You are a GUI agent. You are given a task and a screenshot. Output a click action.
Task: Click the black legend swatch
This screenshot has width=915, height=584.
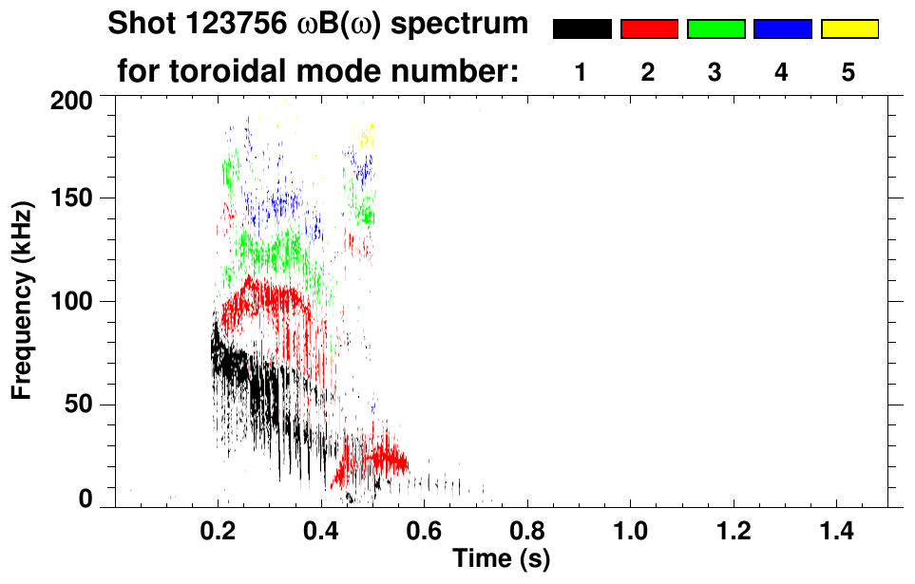[581, 29]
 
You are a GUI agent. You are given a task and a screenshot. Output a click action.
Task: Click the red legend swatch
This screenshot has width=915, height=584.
[649, 29]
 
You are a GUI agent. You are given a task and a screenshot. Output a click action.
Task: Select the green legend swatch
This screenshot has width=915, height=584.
[715, 29]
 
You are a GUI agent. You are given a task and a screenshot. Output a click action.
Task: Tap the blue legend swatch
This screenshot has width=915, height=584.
[782, 29]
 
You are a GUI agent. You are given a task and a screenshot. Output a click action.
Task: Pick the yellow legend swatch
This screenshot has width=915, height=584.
[848, 29]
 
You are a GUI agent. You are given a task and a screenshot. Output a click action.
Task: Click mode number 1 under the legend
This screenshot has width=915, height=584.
[581, 73]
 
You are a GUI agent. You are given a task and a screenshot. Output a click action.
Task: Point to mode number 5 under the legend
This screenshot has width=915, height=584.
[848, 73]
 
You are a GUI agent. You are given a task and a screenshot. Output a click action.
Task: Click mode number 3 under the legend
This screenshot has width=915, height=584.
[715, 73]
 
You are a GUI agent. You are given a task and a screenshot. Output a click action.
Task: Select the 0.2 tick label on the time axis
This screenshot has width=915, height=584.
[219, 528]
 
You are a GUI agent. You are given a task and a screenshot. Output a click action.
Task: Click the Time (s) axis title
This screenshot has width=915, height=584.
[501, 557]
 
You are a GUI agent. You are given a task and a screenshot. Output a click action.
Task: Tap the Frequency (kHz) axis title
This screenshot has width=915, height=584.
[25, 299]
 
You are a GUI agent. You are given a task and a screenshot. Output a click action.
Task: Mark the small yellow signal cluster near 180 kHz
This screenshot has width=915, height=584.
[365, 135]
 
